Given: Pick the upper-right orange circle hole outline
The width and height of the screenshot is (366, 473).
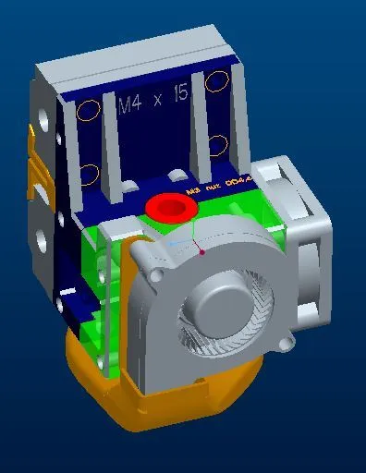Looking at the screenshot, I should pos(217,82).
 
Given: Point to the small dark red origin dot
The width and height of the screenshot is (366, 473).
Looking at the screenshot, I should pos(202,250).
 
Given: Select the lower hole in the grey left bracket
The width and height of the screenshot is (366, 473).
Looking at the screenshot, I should pos(42,243).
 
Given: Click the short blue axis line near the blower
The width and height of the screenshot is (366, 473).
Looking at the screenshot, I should pos(177,245).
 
